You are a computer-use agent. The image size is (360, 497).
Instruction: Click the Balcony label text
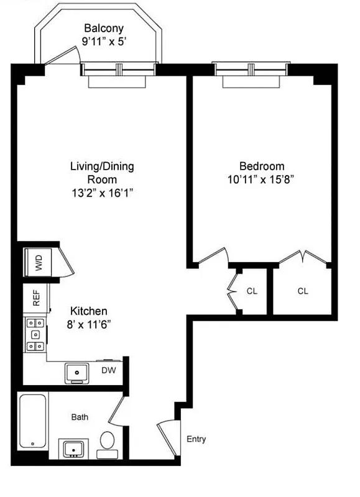pos(104,28)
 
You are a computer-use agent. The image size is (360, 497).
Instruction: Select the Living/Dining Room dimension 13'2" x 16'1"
pos(102,193)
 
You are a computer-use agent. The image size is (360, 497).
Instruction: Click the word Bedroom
pos(262,166)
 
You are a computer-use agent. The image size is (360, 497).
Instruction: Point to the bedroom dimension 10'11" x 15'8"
pos(260,180)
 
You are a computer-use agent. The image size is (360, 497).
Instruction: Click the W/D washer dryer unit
pos(39,263)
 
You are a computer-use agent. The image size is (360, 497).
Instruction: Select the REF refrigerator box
pos(35,299)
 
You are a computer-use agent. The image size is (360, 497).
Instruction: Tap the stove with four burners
pos(35,335)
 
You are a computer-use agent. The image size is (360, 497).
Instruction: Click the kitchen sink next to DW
pos(78,372)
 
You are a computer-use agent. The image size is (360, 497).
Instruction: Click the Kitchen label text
pos(89,311)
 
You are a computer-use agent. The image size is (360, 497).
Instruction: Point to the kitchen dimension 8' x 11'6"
pos(89,324)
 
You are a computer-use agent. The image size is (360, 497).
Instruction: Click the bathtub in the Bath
pos(32,421)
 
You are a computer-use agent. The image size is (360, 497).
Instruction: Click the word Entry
pos(196,439)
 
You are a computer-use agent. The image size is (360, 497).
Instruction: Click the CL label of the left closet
pos(252,291)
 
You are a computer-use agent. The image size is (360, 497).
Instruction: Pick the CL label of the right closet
pos(303,291)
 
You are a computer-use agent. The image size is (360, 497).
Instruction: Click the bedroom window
pos(252,65)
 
